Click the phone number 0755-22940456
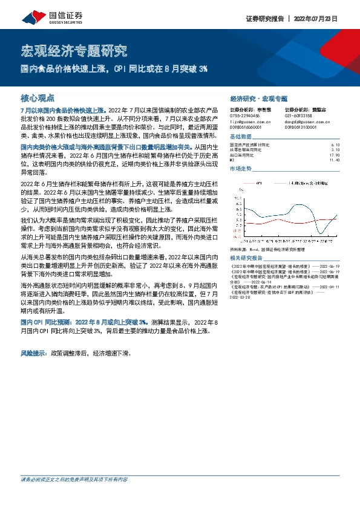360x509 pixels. [244, 115]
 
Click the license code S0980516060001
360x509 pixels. [246, 128]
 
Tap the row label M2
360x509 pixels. [233, 160]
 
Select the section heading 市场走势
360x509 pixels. [241, 169]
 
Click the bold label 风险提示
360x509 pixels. [35, 351]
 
